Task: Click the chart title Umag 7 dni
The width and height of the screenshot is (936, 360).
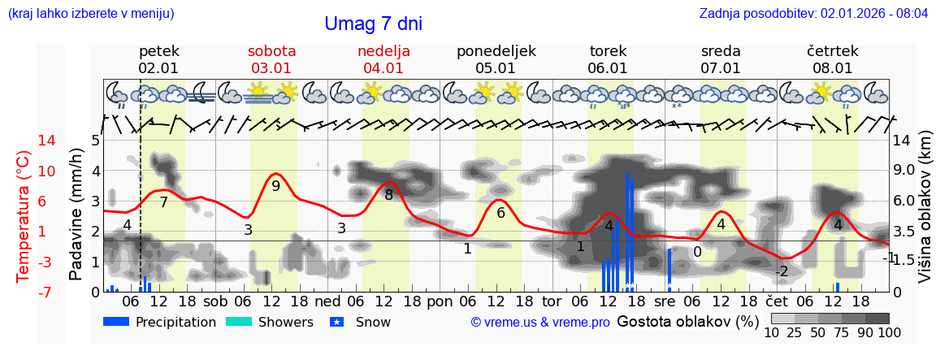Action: [x=373, y=24]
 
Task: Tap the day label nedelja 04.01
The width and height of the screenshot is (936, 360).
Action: [x=383, y=59]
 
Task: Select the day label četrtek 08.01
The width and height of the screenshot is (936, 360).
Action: [x=832, y=59]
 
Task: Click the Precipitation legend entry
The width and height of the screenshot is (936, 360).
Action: [x=160, y=323]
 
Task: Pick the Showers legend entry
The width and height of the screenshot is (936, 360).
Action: [x=268, y=323]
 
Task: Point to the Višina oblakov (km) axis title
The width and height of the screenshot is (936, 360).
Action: [x=925, y=216]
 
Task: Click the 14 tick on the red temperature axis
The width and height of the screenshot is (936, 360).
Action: [x=24, y=141]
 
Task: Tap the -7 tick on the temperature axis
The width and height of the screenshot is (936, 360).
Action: [x=24, y=292]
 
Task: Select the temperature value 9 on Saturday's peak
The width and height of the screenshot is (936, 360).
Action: [x=275, y=186]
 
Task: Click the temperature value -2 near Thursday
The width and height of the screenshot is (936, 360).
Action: [x=781, y=271]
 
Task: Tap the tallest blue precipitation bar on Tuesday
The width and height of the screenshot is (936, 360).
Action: [x=626, y=232]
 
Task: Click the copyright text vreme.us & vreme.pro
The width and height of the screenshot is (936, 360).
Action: [x=540, y=323]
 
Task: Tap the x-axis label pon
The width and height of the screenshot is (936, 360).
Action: [x=440, y=301]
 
